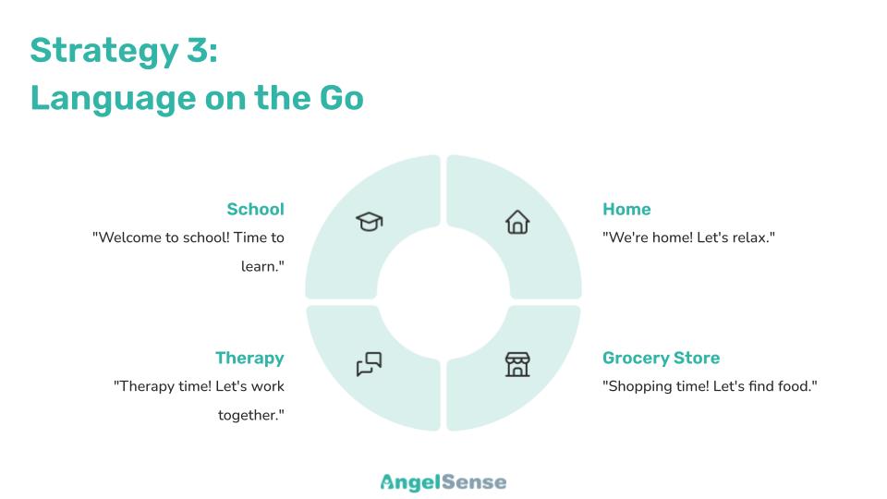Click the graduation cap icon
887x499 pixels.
(370, 221)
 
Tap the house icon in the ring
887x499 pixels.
(517, 222)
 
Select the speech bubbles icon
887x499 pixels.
(370, 364)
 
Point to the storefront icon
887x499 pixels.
(517, 364)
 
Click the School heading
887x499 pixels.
(255, 210)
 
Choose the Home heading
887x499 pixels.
(626, 210)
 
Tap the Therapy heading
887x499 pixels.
(249, 359)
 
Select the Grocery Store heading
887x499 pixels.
(661, 359)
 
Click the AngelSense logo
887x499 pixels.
(443, 482)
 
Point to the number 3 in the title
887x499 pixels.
(199, 50)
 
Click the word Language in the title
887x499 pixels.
(113, 99)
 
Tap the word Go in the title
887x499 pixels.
(341, 98)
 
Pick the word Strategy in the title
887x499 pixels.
(104, 52)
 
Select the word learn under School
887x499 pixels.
(260, 266)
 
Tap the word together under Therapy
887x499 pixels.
(249, 416)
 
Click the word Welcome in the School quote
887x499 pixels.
(129, 237)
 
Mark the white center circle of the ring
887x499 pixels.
(443, 293)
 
